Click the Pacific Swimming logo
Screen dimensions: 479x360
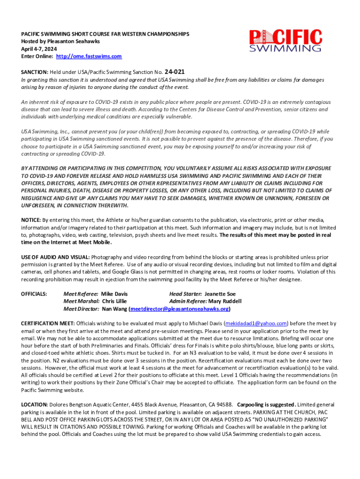285,41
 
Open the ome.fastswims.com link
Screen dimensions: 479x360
89,56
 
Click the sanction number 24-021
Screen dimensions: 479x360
174,72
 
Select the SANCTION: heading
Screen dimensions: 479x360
35,73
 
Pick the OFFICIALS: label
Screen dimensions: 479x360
34,294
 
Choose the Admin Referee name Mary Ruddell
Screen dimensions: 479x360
225,301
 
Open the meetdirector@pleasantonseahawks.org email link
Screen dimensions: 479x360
179,309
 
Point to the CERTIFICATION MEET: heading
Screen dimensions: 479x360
48,323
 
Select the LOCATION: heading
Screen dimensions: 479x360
34,404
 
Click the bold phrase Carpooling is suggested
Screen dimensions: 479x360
266,404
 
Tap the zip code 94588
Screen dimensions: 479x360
223,404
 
